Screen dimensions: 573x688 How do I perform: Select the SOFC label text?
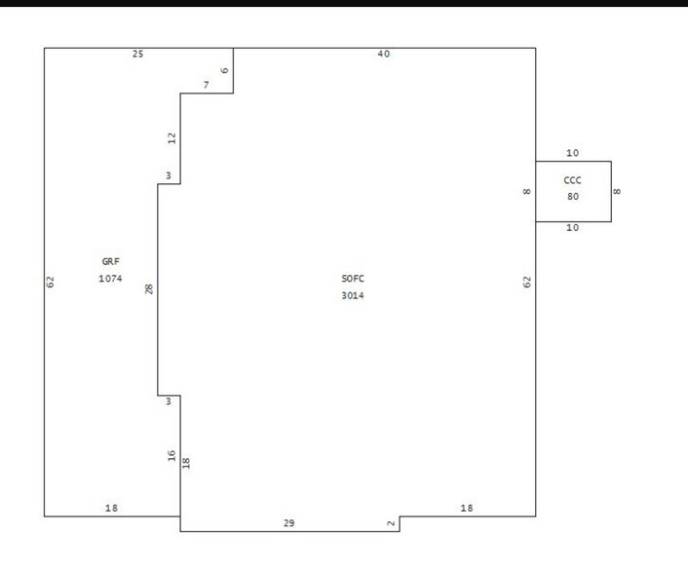(x=352, y=279)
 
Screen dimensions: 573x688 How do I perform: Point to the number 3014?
(x=352, y=295)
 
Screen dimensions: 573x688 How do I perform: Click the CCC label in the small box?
(x=573, y=179)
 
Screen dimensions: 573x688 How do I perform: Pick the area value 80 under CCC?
(x=573, y=196)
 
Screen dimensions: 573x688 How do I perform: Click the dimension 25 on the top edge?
(x=137, y=54)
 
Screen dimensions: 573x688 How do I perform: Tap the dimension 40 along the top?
(x=383, y=54)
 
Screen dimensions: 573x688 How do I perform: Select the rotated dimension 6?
(x=224, y=70)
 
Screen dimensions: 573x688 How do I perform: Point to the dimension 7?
(x=206, y=86)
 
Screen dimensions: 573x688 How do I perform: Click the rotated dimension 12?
(x=172, y=138)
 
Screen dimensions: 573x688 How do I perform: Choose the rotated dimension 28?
(x=149, y=289)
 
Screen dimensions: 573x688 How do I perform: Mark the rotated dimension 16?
(x=172, y=455)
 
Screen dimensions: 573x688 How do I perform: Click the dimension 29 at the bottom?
(x=288, y=523)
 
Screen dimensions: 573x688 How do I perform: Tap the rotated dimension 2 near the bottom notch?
(x=392, y=524)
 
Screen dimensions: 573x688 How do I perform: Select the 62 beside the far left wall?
(x=51, y=282)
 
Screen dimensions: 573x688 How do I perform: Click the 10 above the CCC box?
(x=572, y=153)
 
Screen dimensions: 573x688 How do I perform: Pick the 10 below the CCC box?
(x=572, y=228)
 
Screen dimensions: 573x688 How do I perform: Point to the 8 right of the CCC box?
(x=618, y=191)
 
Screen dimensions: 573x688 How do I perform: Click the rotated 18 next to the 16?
(x=186, y=462)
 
